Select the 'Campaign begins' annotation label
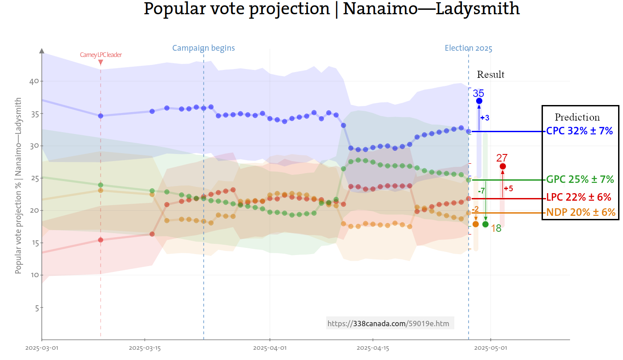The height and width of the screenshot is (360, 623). tap(203, 48)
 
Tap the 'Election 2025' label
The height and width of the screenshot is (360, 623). tap(469, 49)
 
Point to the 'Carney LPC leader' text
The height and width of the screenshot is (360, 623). tap(101, 55)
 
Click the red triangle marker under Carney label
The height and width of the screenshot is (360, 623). tap(101, 63)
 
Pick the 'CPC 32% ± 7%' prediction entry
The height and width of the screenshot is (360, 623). tap(579, 131)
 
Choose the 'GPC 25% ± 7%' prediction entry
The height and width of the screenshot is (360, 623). tap(580, 180)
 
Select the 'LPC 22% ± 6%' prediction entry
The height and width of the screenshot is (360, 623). tap(578, 198)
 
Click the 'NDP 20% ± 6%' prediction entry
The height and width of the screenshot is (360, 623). tap(581, 213)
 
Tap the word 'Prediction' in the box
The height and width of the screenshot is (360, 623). tap(577, 117)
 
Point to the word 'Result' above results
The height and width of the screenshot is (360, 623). tap(490, 75)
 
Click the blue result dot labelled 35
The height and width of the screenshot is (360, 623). tap(479, 101)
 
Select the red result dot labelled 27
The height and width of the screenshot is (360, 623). tap(502, 166)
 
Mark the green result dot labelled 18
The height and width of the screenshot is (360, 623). tap(485, 224)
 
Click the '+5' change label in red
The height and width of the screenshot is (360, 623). tap(508, 189)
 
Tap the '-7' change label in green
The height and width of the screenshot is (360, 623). tap(481, 191)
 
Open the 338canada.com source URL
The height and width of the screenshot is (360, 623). tap(390, 324)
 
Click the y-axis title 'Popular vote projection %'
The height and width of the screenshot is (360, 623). tap(18, 186)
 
